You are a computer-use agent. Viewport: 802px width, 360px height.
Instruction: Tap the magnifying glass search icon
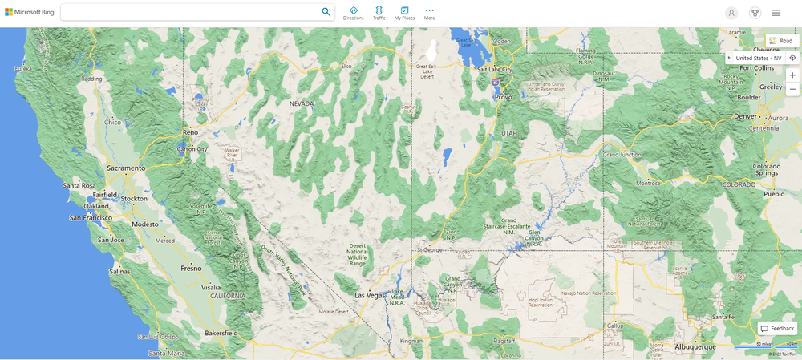point(326,12)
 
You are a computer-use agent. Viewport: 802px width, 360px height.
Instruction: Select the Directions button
point(354,13)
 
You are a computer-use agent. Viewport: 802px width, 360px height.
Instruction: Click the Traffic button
point(379,13)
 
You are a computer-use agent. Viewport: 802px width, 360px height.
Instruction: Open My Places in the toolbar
point(404,13)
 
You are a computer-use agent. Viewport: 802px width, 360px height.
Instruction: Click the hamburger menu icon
point(776,13)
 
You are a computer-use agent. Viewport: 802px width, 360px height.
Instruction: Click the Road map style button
point(781,40)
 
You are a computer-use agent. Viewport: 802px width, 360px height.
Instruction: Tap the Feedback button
point(777,329)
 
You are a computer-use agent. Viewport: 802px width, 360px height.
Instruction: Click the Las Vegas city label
point(371,295)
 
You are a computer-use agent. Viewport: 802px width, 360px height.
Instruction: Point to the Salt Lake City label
point(494,70)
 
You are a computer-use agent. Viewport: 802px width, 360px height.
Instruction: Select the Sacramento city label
point(127,168)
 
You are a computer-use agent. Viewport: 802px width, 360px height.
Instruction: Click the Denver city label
point(745,116)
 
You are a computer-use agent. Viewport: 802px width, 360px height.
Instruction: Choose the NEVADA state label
point(302,103)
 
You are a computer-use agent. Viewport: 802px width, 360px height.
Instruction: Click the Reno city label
point(190,131)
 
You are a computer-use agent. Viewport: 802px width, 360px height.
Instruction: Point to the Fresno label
point(191,268)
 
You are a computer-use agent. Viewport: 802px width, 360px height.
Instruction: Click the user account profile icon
point(731,13)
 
